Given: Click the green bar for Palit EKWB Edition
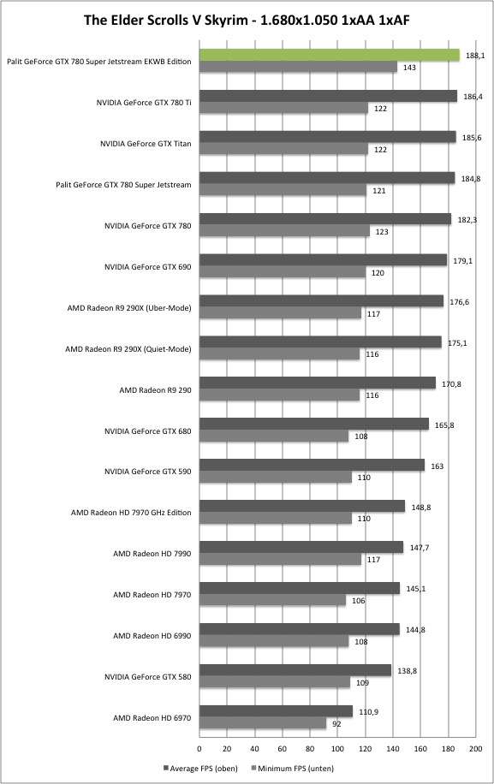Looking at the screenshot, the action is pyautogui.click(x=330, y=55).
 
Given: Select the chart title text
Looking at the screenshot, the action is pyautogui.click(x=247, y=20).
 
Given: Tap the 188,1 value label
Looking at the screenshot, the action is pyautogui.click(x=475, y=56).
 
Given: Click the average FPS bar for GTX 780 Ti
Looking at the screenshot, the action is pyautogui.click(x=328, y=96).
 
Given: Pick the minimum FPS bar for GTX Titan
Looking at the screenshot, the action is pyautogui.click(x=283, y=149).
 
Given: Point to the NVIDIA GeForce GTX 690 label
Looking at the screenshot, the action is pyautogui.click(x=147, y=267).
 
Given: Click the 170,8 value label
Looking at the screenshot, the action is pyautogui.click(x=451, y=384).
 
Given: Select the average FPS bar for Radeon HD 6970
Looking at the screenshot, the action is pyautogui.click(x=276, y=711).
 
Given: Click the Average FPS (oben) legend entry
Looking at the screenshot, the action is pyautogui.click(x=200, y=768).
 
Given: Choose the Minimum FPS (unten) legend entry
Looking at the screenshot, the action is pyautogui.click(x=293, y=768).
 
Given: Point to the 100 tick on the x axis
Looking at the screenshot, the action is pyautogui.click(x=337, y=749).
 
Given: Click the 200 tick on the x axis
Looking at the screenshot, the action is pyautogui.click(x=475, y=749).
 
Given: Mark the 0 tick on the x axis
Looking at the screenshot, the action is pyautogui.click(x=199, y=749).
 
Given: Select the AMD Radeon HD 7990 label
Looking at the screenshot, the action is pyautogui.click(x=152, y=554).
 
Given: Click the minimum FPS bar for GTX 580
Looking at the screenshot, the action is pyautogui.click(x=275, y=682).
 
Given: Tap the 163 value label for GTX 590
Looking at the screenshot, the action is pyautogui.click(x=437, y=466).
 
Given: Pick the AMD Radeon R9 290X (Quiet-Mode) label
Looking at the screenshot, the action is pyautogui.click(x=128, y=349).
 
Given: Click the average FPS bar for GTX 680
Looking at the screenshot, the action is pyautogui.click(x=314, y=424).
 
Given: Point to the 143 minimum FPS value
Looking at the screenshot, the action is pyautogui.click(x=409, y=68).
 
